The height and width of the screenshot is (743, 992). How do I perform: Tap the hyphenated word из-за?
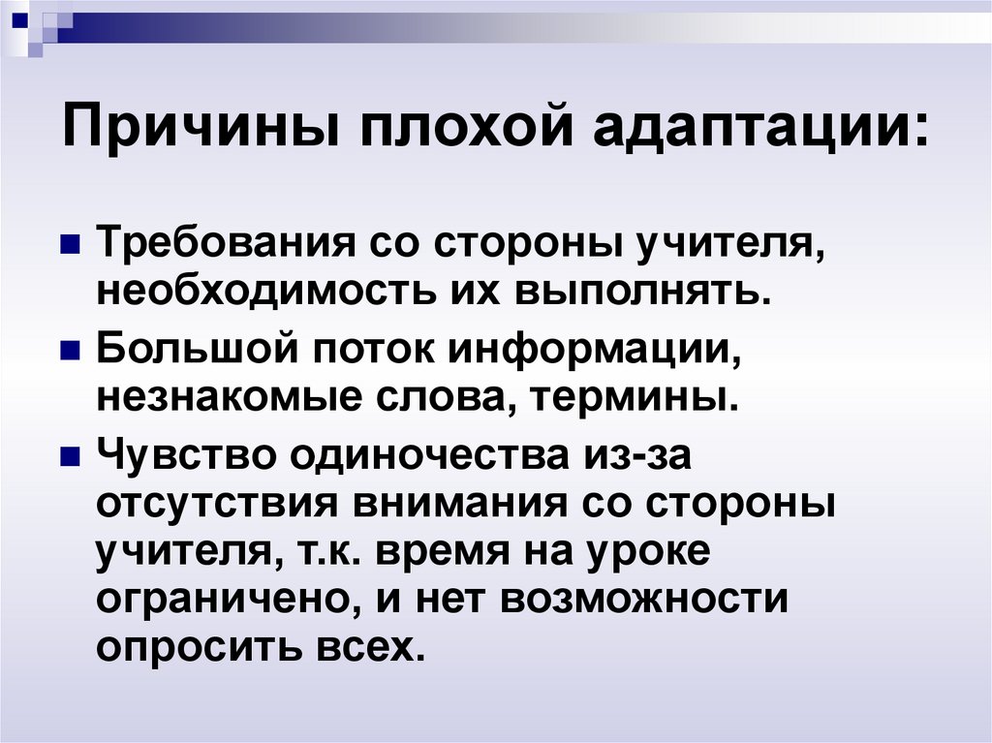[636, 456]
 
